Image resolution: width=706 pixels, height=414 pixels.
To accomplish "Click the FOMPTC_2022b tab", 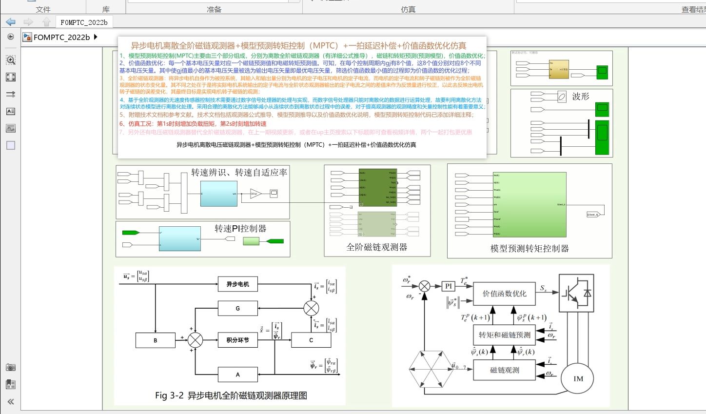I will (84, 22).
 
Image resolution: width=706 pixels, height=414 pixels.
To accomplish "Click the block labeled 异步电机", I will (237, 284).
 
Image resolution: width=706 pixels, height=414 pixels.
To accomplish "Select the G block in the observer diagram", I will (237, 308).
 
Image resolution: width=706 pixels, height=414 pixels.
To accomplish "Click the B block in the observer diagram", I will (155, 340).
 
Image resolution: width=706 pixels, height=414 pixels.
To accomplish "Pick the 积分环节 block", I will (237, 340).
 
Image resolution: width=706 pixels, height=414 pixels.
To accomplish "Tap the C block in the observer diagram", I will (311, 340).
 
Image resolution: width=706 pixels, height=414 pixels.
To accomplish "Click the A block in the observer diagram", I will (237, 375).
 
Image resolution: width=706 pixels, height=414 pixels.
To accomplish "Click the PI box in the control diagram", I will (449, 286).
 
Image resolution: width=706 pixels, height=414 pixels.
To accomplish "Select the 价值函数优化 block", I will (504, 294).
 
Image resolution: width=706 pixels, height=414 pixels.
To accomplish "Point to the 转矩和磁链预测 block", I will (504, 335).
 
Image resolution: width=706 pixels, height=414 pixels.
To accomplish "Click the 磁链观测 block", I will (504, 370).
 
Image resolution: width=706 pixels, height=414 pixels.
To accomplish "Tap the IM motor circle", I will (578, 378).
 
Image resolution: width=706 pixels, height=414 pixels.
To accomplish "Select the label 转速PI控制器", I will (240, 229).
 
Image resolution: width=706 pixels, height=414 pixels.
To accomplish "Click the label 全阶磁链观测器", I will (376, 247).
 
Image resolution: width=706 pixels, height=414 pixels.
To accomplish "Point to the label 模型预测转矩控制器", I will (529, 248).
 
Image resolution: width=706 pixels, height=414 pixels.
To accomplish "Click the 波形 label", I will (580, 97).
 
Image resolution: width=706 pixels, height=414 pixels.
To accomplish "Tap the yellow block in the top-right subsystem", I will (559, 69).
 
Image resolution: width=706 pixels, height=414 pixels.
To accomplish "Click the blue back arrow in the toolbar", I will (11, 22).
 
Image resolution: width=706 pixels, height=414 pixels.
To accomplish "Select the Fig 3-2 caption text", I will (231, 395).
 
